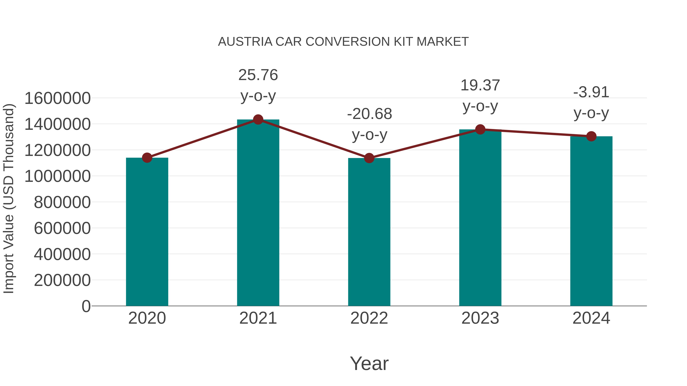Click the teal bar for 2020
pyautogui.click(x=147, y=232)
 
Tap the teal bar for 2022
pyautogui.click(x=369, y=232)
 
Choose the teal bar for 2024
pyautogui.click(x=591, y=221)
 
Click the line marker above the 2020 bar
pyautogui.click(x=147, y=158)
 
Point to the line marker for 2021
pyautogui.click(x=258, y=120)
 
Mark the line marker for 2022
pyautogui.click(x=369, y=158)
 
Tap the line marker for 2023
pyautogui.click(x=480, y=129)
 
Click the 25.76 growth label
pyautogui.click(x=258, y=75)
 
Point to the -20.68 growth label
pyautogui.click(x=369, y=114)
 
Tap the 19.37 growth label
pyautogui.click(x=480, y=86)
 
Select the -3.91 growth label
pyautogui.click(x=591, y=92)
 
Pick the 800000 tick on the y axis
pyautogui.click(x=62, y=202)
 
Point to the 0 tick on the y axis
pyautogui.click(x=86, y=306)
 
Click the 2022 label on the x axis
pyautogui.click(x=369, y=318)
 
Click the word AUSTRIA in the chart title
pyautogui.click(x=245, y=42)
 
